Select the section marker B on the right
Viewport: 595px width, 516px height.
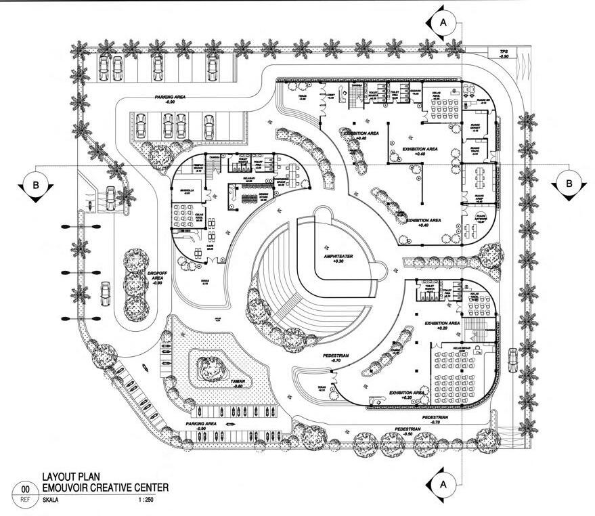tap(569, 183)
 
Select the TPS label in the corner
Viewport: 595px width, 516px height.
tap(503, 51)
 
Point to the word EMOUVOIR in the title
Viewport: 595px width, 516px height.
tap(67, 487)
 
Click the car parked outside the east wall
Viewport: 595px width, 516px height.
tap(512, 358)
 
